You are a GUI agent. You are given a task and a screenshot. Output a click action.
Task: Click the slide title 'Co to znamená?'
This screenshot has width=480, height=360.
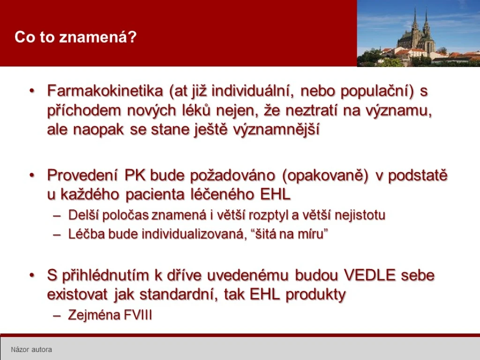pos(75,37)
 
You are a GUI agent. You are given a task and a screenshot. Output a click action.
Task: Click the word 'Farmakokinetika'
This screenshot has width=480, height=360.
pos(105,91)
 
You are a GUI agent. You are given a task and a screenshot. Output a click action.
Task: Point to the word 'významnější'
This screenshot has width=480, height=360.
pos(276,129)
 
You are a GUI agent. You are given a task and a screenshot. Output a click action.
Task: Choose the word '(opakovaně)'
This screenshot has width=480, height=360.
pos(324,176)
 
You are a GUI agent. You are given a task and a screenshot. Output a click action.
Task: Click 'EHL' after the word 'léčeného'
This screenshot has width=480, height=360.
pos(275,195)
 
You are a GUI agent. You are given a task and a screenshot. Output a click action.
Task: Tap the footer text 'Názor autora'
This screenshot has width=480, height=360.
pos(31,349)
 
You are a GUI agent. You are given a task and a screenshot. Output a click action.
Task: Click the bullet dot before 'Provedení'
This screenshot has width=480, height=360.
pos(32,175)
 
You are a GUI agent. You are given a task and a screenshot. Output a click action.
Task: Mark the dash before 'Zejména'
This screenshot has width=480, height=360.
pos(57,315)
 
